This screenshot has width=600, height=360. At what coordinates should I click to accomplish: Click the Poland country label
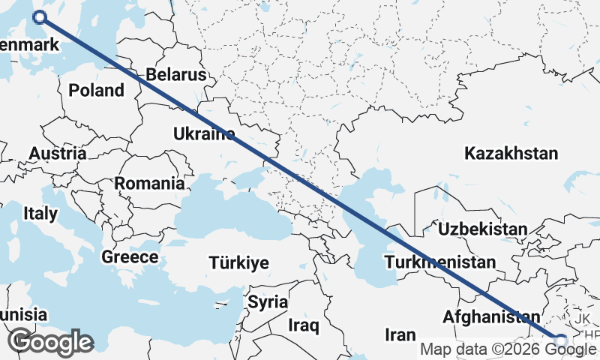point(96,91)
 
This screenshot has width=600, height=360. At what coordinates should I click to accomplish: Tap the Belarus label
point(176,75)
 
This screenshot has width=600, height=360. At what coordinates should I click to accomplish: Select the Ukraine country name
point(203,134)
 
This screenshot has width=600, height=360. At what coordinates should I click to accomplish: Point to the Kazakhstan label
point(511,154)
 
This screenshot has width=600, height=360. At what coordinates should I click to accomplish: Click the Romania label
point(149,183)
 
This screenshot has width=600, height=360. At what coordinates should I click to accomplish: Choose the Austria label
point(57,154)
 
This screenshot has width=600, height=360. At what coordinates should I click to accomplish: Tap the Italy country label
point(40,214)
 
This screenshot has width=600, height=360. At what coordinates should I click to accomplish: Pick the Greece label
point(130,257)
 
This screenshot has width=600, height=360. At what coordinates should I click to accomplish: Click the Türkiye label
point(239,263)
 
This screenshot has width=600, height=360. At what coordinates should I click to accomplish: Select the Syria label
point(268,303)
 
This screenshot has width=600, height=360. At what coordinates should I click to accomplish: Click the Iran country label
point(400,334)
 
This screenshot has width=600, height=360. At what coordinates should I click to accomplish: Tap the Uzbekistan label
point(484,229)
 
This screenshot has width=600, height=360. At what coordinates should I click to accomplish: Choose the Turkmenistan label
point(439,262)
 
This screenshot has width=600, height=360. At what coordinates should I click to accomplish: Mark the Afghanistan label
point(491,317)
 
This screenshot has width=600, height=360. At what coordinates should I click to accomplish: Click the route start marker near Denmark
point(40,17)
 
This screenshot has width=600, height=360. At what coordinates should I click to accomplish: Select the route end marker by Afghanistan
point(559,340)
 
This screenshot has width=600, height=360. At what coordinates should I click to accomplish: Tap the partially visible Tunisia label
point(22,315)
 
